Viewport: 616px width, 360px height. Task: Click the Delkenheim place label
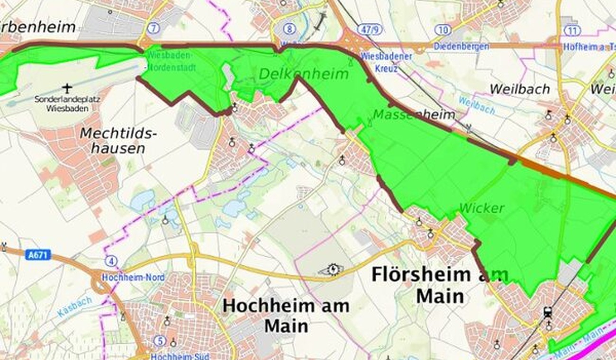point(303,74)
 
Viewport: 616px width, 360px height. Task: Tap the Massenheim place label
point(414,115)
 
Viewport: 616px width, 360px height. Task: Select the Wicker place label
point(481,208)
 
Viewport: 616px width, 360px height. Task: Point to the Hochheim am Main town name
point(286,315)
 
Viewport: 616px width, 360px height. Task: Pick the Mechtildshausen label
point(118,141)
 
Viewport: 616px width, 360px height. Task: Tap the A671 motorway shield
point(38,255)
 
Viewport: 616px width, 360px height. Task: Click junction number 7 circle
point(153,28)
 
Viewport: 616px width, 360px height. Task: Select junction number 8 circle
point(290,29)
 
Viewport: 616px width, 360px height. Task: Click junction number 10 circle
point(442,30)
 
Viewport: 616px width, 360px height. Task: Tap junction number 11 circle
point(572,31)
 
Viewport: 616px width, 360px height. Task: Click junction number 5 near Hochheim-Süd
point(160,341)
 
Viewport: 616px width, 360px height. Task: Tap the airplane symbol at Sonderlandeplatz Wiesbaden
point(67,88)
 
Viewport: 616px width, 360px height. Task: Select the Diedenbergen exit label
point(461,46)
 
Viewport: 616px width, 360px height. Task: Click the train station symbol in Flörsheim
point(548,312)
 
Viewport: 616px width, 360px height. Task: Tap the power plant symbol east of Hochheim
point(334,270)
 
